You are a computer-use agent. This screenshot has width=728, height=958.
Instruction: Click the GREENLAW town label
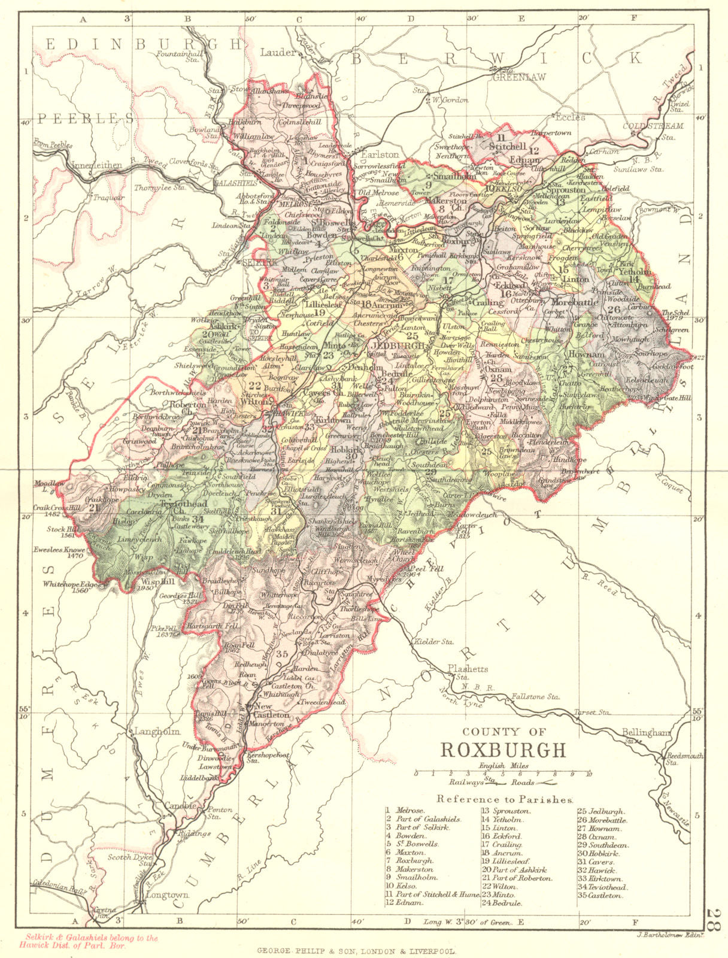click(514, 76)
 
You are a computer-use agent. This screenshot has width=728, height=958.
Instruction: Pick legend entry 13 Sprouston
click(506, 811)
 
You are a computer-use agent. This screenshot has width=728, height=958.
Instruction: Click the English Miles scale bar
click(502, 774)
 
